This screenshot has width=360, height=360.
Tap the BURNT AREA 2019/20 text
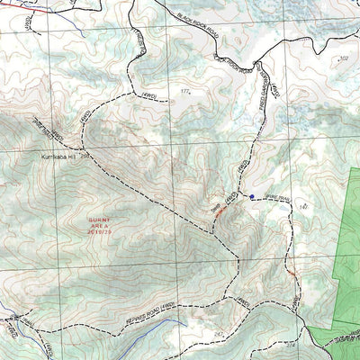(102, 225)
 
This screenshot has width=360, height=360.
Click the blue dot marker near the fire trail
(253, 197)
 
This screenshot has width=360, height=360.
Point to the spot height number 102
(343, 58)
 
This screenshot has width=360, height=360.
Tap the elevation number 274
(289, 343)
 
